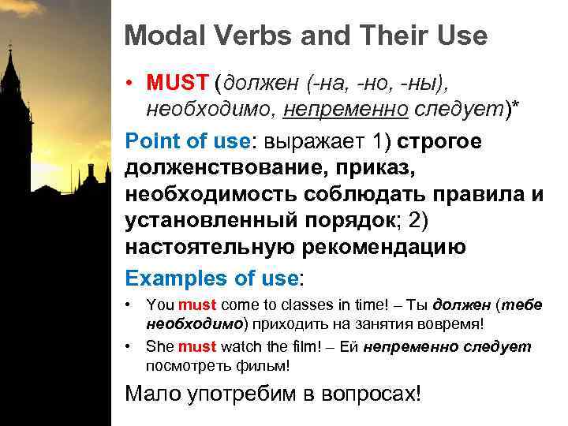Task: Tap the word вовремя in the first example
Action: coord(455,323)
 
